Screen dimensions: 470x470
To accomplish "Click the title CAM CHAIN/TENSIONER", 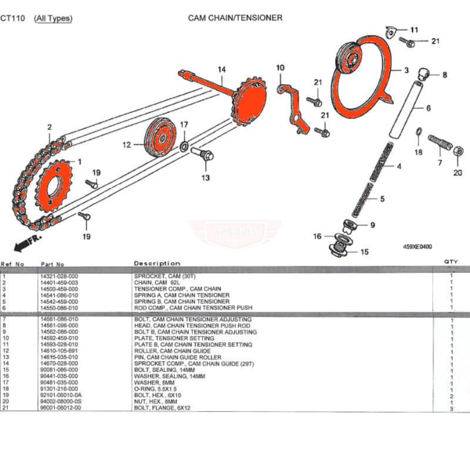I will (x=235, y=17).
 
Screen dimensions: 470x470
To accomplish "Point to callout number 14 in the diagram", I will (x=222, y=70).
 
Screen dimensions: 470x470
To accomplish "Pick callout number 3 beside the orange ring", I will (x=406, y=70).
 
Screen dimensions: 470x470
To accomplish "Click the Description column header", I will (x=157, y=263).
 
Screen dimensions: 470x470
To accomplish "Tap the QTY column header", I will (x=451, y=262).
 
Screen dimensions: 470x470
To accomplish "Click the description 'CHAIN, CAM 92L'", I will (x=160, y=282).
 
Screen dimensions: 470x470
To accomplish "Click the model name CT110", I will (x=12, y=17).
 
